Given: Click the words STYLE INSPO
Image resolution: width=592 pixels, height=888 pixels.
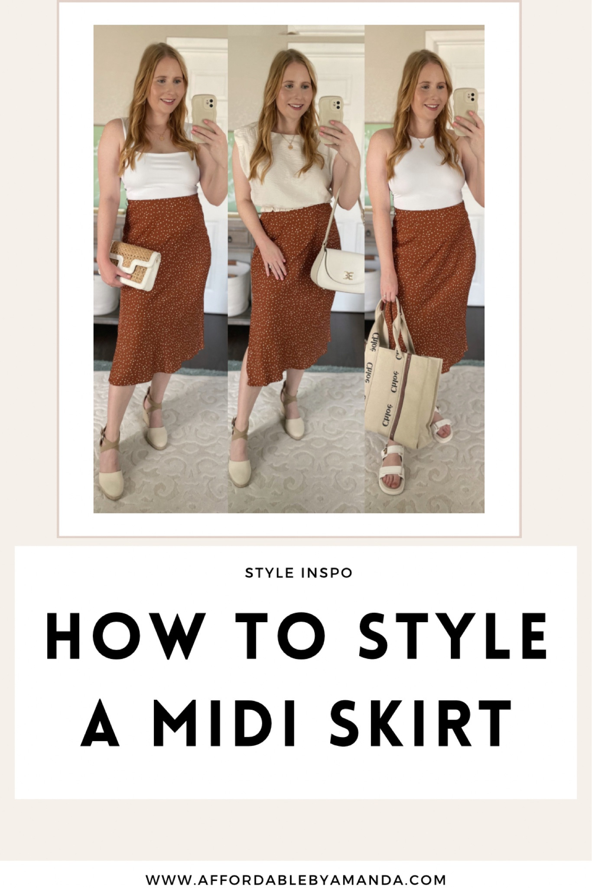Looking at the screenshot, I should point(299,573).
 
